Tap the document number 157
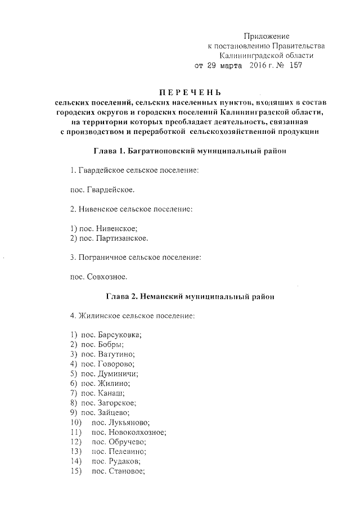tap(296, 65)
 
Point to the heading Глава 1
tap(109, 151)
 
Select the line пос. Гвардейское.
tap(102, 190)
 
